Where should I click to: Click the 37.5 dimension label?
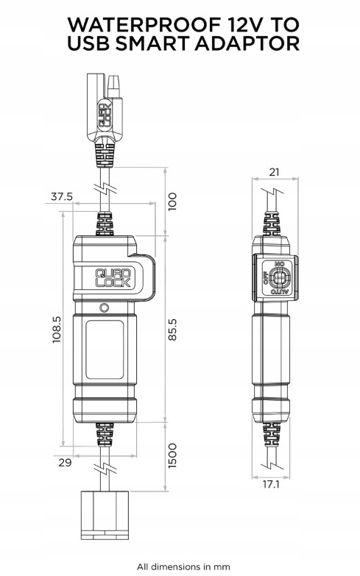tap(62, 197)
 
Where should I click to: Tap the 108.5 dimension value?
tap(57, 330)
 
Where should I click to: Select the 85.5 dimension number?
tap(172, 330)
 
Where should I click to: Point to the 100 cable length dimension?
tap(172, 202)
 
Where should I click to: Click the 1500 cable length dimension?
tap(172, 455)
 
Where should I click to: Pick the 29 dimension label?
tap(65, 463)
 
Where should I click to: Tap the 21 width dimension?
tap(274, 172)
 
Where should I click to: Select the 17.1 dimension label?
tap(271, 485)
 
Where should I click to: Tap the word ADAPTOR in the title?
tap(247, 43)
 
